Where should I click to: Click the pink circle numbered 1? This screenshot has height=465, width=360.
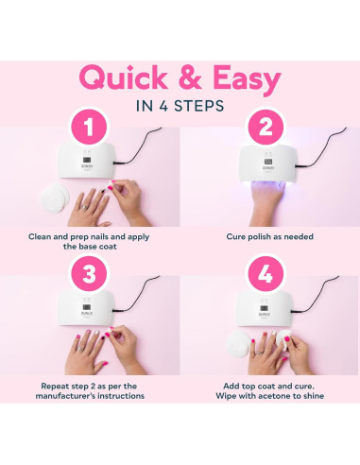point(89,127)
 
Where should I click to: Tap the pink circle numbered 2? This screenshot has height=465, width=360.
point(266,127)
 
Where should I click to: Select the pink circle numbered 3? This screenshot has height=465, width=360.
point(89,274)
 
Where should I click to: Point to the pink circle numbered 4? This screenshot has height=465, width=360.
point(266,274)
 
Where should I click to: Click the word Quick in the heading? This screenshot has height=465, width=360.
point(124,77)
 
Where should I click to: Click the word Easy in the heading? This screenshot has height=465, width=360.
point(247,78)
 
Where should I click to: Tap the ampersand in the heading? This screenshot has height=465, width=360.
point(191,77)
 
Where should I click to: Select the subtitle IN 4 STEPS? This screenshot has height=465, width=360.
point(180,106)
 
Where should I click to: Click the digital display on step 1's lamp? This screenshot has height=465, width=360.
point(87,160)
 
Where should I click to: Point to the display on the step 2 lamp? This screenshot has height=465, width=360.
point(268,162)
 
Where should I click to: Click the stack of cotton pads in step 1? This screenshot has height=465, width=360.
point(55,198)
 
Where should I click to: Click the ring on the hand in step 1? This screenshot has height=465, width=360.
point(85,207)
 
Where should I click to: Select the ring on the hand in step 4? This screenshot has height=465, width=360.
point(260,352)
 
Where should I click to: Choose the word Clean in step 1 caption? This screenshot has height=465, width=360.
point(40,236)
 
